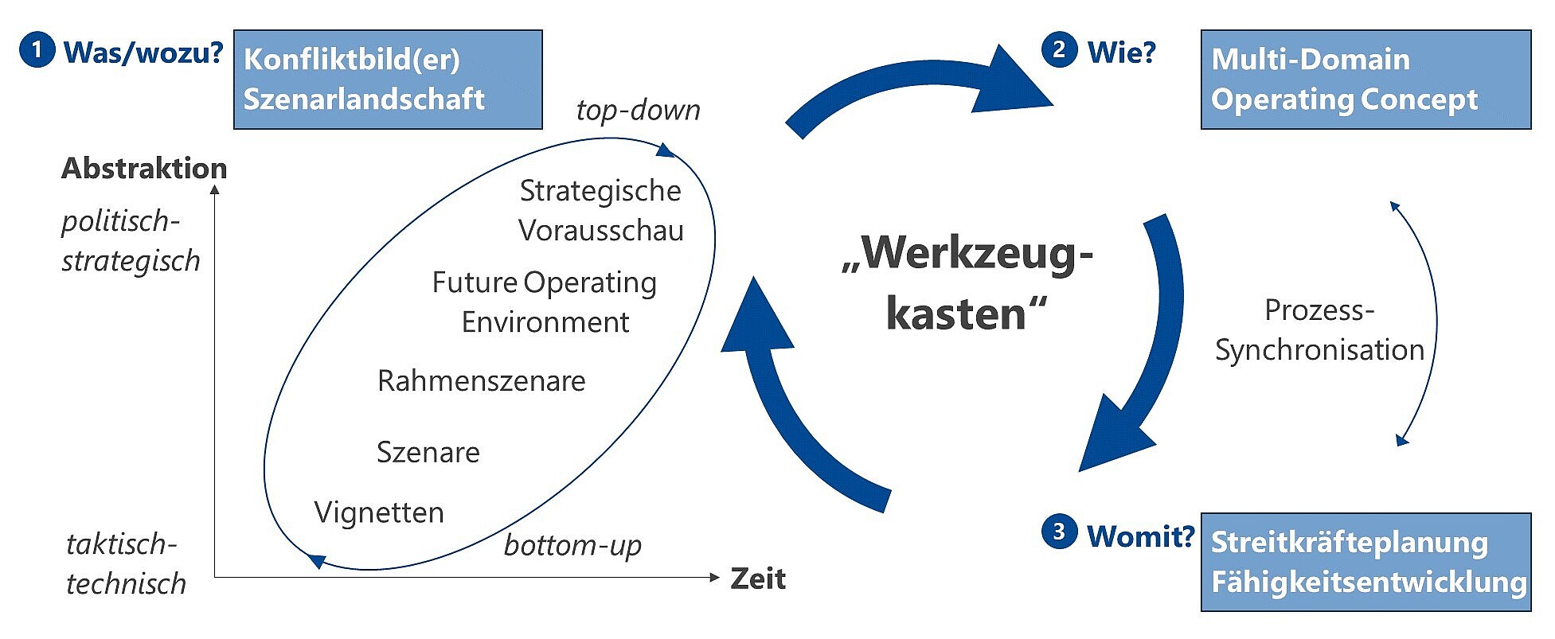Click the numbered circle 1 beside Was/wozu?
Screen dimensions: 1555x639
(x=37, y=50)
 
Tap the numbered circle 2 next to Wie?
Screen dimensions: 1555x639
(x=1059, y=50)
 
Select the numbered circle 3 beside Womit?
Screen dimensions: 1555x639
(x=1059, y=532)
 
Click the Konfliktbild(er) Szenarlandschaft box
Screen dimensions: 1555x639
(x=388, y=80)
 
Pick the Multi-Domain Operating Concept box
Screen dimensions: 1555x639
(x=1366, y=80)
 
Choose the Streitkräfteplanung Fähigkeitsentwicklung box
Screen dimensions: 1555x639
(x=1366, y=562)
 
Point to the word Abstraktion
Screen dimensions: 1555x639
(x=144, y=168)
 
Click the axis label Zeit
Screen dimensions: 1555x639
(x=758, y=579)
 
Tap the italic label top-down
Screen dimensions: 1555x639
(x=639, y=110)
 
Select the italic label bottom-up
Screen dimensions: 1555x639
(x=573, y=545)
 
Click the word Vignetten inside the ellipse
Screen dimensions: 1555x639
(x=379, y=512)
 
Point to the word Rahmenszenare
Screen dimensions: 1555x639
(x=482, y=381)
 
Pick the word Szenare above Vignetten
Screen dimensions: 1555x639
(x=428, y=452)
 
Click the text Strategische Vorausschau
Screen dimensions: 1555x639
(x=601, y=210)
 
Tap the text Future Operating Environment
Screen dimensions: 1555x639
(x=545, y=302)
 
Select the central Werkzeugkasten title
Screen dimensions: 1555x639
(x=967, y=282)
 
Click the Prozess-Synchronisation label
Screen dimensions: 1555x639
(x=1319, y=329)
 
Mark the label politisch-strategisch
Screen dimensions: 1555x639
(x=131, y=240)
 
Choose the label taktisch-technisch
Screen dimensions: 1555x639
(x=126, y=563)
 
